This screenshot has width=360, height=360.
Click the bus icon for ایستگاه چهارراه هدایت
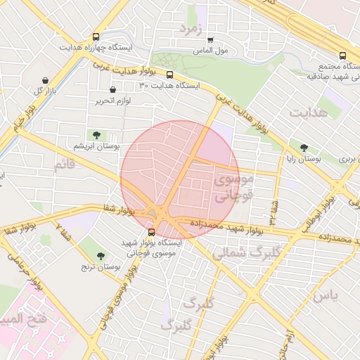(96, 37)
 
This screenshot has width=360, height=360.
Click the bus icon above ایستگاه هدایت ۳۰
(169, 75)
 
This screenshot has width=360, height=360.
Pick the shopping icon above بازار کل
(46, 81)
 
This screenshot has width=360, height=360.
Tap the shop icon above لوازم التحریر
(113, 90)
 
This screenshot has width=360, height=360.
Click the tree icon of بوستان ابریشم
(96, 134)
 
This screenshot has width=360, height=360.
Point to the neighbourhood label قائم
(63, 165)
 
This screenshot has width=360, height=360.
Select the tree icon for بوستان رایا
(304, 148)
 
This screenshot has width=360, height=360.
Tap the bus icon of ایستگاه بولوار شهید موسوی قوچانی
(151, 232)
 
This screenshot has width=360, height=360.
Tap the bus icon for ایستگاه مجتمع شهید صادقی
(342, 56)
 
